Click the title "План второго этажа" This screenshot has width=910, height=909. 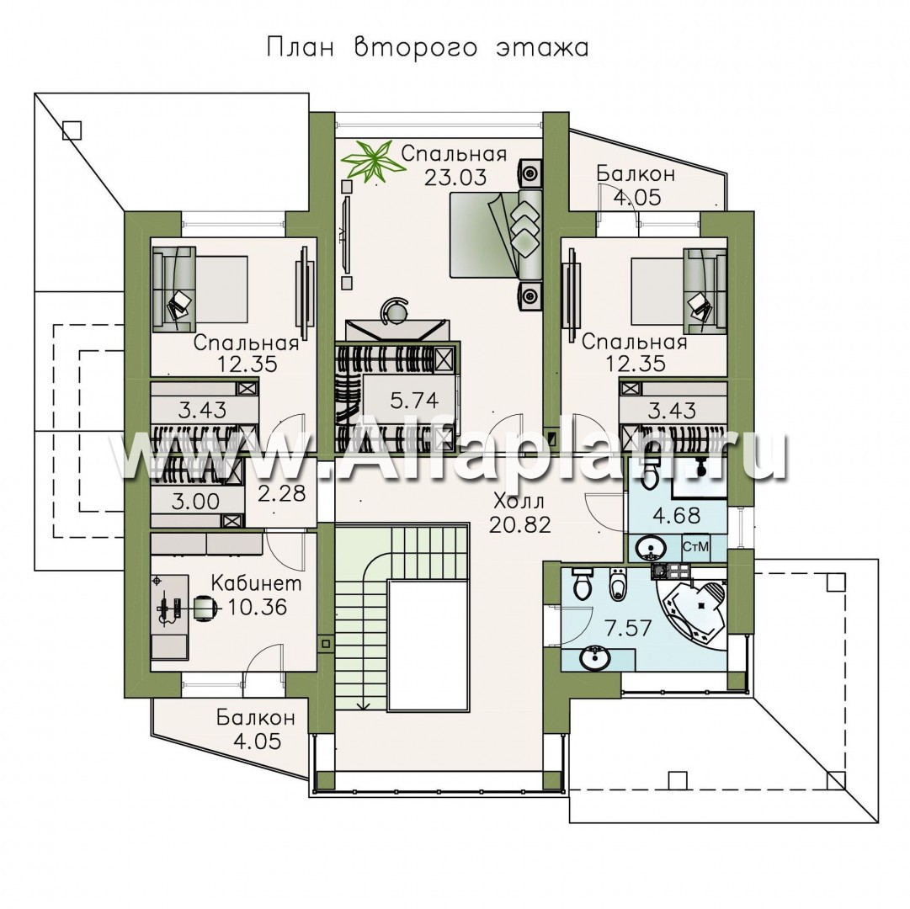428,49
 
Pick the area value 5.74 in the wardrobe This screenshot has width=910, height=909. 414,401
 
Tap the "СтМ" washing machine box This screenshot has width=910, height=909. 695,547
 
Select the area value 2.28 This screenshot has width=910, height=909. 281,494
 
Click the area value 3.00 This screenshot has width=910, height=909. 195,501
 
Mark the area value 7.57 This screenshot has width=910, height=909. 628,628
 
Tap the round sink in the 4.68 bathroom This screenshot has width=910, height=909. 647,548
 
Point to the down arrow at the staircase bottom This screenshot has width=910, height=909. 364,704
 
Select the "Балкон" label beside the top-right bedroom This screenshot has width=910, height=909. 636,173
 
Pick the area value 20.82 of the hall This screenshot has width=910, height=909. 519,525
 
